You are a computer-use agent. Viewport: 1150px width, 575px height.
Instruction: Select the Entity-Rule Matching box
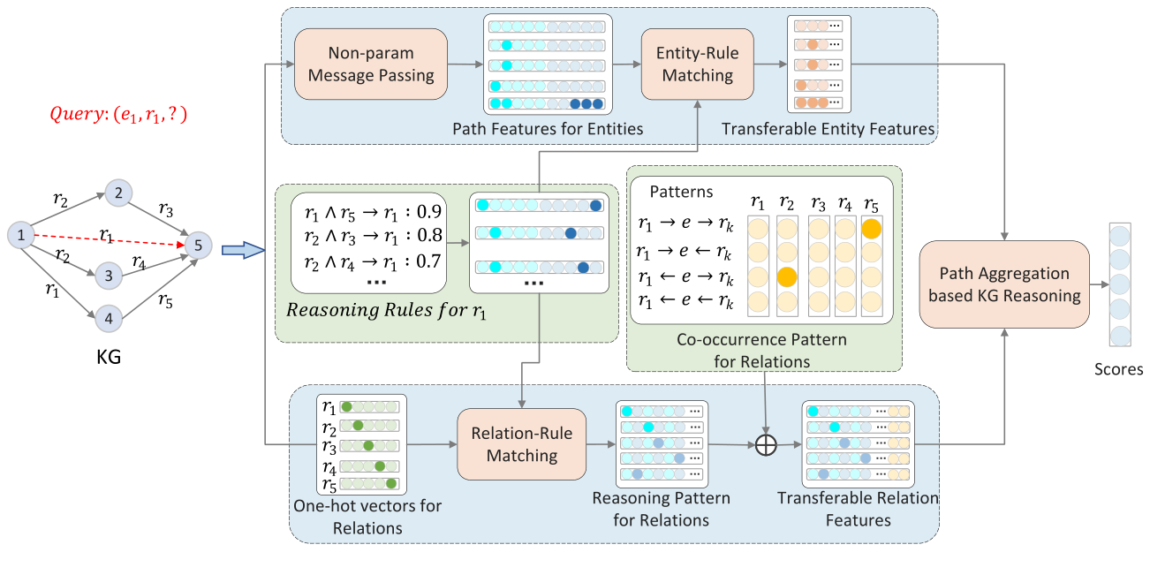pyautogui.click(x=697, y=64)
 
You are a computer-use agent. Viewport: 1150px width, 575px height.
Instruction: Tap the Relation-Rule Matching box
pyautogui.click(x=521, y=444)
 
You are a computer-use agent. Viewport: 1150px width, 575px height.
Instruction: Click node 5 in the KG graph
pyautogui.click(x=199, y=245)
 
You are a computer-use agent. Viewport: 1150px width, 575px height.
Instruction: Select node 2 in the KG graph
pyautogui.click(x=117, y=193)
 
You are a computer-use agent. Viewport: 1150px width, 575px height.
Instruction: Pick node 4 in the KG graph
pyautogui.click(x=109, y=318)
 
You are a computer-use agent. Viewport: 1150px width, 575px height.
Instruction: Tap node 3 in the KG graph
pyautogui.click(x=109, y=276)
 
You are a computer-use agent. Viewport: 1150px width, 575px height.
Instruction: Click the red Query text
pyautogui.click(x=117, y=115)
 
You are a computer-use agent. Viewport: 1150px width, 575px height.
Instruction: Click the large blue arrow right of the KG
pyautogui.click(x=242, y=252)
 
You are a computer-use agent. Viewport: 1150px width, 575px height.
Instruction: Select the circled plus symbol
pyautogui.click(x=766, y=445)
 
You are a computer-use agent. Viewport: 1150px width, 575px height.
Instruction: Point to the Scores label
pyautogui.click(x=1118, y=369)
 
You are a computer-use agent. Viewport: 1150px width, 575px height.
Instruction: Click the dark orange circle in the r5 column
pyautogui.click(x=871, y=229)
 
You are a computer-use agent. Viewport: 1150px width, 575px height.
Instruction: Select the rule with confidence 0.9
pyautogui.click(x=370, y=212)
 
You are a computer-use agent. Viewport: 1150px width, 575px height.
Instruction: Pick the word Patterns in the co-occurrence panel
pyautogui.click(x=681, y=191)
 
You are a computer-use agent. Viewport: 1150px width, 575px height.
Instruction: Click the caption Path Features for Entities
pyautogui.click(x=548, y=129)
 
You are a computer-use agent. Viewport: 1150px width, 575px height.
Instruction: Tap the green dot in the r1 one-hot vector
pyautogui.click(x=347, y=406)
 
